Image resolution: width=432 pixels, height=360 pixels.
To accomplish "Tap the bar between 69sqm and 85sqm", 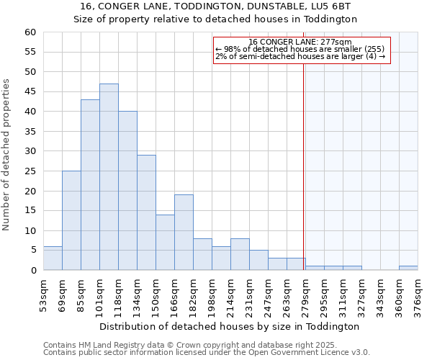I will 71,220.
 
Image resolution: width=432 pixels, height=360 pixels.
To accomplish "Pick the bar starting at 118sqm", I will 127,191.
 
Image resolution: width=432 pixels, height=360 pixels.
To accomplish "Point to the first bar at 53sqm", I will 53,258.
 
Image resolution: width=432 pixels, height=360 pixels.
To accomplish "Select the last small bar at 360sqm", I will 408,268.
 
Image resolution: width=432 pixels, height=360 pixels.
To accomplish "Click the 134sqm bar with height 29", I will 146,212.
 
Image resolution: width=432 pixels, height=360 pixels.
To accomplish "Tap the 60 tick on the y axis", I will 30,32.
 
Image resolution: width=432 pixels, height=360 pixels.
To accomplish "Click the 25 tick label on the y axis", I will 30,171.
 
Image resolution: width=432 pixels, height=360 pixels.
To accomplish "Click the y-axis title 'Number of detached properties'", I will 7,155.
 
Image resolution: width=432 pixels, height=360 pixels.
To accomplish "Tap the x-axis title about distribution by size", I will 229,326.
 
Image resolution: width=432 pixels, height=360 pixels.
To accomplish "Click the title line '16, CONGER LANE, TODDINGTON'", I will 215,6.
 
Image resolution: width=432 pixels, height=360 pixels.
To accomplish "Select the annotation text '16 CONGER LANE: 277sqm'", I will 300,42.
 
